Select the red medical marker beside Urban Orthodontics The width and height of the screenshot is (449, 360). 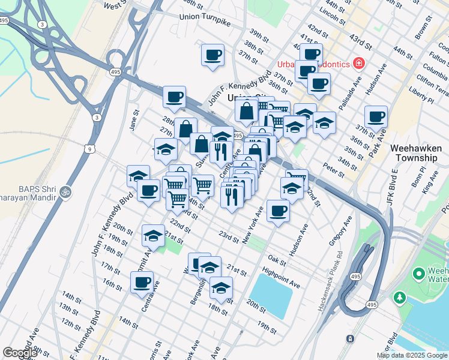click(359, 63)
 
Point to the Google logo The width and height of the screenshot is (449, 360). click(20, 353)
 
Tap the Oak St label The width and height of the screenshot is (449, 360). click(277, 261)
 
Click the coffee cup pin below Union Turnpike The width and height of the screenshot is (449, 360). click(212, 56)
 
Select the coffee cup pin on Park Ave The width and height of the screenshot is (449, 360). click(376, 117)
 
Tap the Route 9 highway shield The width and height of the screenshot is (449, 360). click(90, 149)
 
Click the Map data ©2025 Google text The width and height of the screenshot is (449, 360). click(412, 355)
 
